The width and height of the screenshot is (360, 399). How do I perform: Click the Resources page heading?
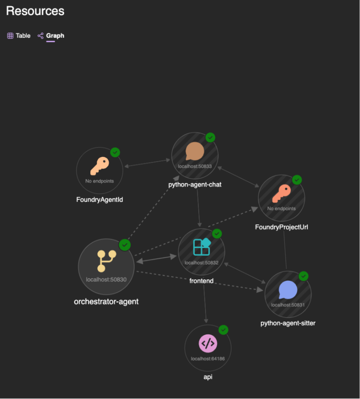[x=35, y=11]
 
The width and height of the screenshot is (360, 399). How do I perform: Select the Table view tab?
[x=19, y=36]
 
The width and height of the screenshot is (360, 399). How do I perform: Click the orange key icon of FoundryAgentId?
[x=99, y=166]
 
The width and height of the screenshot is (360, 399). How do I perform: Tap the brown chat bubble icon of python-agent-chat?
[x=194, y=151]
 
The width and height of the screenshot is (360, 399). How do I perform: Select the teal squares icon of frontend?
[x=202, y=247]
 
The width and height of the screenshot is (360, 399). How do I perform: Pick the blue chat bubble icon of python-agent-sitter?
[x=288, y=290]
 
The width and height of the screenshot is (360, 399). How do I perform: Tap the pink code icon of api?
[x=208, y=343]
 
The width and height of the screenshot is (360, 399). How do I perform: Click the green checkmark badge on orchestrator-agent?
[x=125, y=245]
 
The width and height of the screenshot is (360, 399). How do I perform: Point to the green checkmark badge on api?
[x=223, y=330]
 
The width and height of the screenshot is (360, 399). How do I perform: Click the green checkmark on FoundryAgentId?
[x=115, y=152]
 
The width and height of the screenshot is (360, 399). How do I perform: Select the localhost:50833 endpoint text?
[x=194, y=166]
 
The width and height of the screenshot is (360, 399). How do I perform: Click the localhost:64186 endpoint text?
[x=208, y=358]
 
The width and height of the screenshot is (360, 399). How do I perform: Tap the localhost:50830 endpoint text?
[x=106, y=279]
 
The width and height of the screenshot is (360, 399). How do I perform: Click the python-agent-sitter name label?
[x=288, y=323]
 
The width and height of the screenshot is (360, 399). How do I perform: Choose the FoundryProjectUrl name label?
[x=281, y=227]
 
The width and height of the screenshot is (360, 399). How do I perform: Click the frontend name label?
[x=202, y=281]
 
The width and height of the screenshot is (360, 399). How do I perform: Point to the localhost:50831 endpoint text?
[x=288, y=305]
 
